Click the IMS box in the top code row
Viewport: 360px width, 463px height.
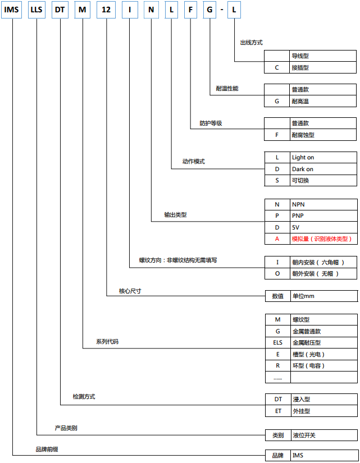[12, 10]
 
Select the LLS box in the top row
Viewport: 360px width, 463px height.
[37, 10]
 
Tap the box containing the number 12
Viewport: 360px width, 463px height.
[106, 10]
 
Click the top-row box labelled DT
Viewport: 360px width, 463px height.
[60, 10]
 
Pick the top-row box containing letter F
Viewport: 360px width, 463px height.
[190, 10]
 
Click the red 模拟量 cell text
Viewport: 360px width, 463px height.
[322, 239]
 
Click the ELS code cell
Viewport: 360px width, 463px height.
[278, 342]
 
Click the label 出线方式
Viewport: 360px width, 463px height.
[251, 43]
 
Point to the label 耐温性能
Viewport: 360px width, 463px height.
[227, 89]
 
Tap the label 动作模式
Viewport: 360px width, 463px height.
[194, 162]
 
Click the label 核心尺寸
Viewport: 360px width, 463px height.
[130, 291]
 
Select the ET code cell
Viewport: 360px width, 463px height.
[278, 411]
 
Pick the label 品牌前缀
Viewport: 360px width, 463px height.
[47, 450]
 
